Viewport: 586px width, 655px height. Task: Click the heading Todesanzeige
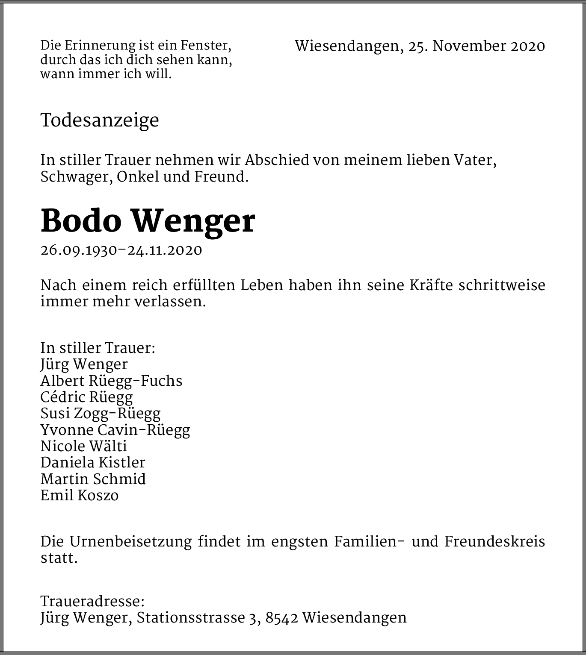coord(100,120)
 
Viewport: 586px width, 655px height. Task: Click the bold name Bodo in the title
coord(81,221)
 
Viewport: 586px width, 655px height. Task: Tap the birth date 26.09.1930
coord(79,250)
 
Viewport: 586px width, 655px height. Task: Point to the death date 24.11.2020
coord(165,250)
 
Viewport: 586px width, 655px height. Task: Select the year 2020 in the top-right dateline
coord(528,46)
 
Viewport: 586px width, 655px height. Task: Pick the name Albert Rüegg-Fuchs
coord(111,381)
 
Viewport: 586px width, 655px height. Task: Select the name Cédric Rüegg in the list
coord(87,397)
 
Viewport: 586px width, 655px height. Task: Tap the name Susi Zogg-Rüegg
coord(101,414)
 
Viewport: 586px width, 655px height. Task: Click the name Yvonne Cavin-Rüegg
coord(115,430)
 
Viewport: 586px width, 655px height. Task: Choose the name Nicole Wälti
coord(84,446)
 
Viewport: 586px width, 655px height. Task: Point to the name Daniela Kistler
coord(93,463)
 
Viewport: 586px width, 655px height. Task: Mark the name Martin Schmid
coord(93,479)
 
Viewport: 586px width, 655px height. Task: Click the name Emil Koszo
coord(80,496)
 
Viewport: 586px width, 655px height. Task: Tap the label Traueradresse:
coord(92,602)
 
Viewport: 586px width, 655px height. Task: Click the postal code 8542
coord(281,618)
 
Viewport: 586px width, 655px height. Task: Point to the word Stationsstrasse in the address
coord(190,618)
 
